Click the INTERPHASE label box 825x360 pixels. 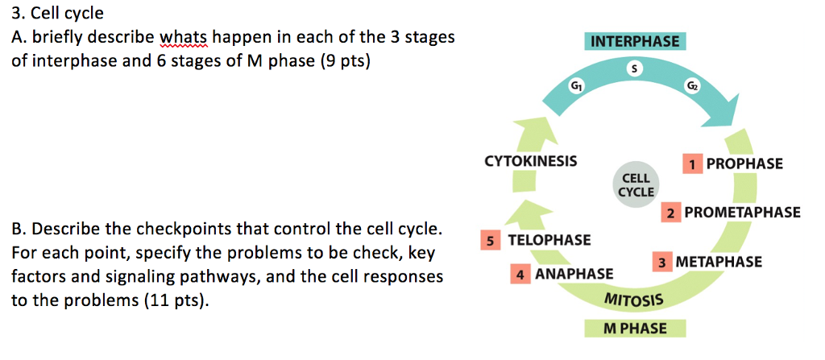coord(635,41)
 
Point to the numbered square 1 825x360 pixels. coord(691,163)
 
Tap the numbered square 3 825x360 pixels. coord(662,263)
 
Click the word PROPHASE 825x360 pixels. coord(744,163)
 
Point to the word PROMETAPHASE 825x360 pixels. coord(742,213)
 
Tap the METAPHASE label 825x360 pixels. coord(719,263)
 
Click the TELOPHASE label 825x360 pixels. coord(549,240)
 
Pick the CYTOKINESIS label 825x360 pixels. coord(530,161)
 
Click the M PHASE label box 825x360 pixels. coord(635,328)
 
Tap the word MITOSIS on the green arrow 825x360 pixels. coord(633,300)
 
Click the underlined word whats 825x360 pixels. coord(184,37)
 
